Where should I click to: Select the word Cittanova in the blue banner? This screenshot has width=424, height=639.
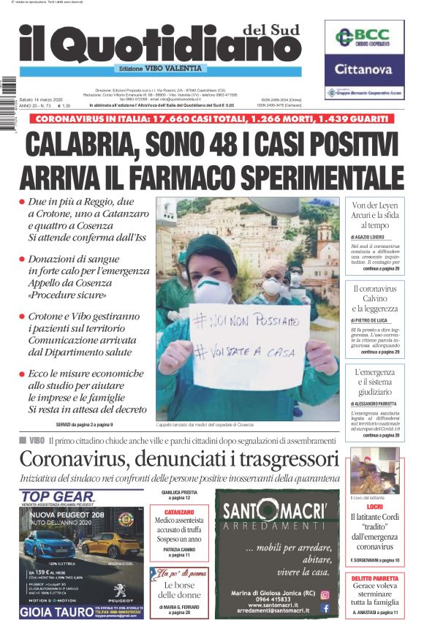pyautogui.click(x=364, y=71)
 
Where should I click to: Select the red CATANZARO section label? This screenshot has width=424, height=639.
pyautogui.click(x=179, y=513)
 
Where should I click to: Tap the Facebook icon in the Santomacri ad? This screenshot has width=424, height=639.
pyautogui.click(x=325, y=608)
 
